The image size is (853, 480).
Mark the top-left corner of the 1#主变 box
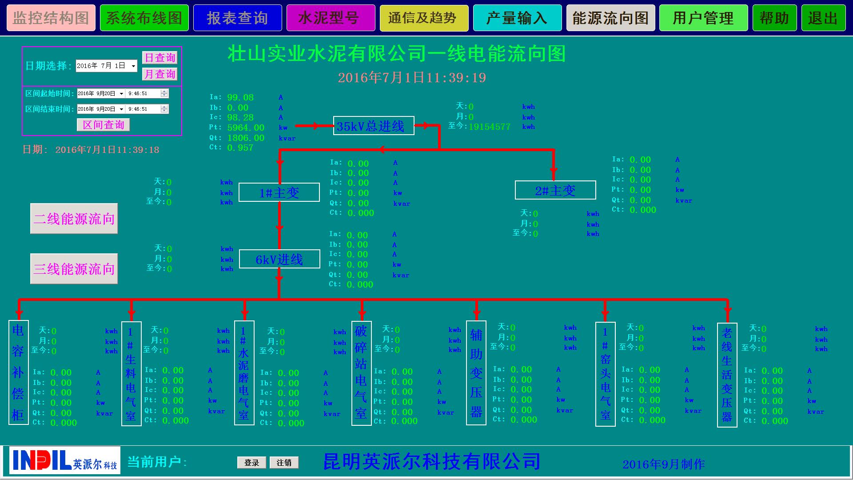click(x=239, y=183)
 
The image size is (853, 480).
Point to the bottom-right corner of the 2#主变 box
click(x=596, y=199)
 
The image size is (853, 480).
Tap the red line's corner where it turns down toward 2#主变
click(x=554, y=150)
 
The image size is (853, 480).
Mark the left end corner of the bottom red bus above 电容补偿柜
click(x=19, y=300)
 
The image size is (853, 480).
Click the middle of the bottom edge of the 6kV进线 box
click(x=279, y=268)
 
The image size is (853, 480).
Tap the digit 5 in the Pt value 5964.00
click(x=230, y=128)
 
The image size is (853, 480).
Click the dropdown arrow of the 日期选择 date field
click(x=133, y=66)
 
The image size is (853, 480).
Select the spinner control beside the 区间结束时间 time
click(x=164, y=109)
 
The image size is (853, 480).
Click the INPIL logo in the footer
click(x=65, y=460)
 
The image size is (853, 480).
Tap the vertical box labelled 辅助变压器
click(x=476, y=373)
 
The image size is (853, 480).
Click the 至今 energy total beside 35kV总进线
click(x=489, y=127)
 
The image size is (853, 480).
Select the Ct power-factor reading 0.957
click(x=240, y=148)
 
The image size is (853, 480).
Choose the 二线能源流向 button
click(x=74, y=219)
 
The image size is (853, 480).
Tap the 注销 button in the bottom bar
click(x=284, y=463)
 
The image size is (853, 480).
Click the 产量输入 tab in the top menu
click(x=517, y=18)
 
